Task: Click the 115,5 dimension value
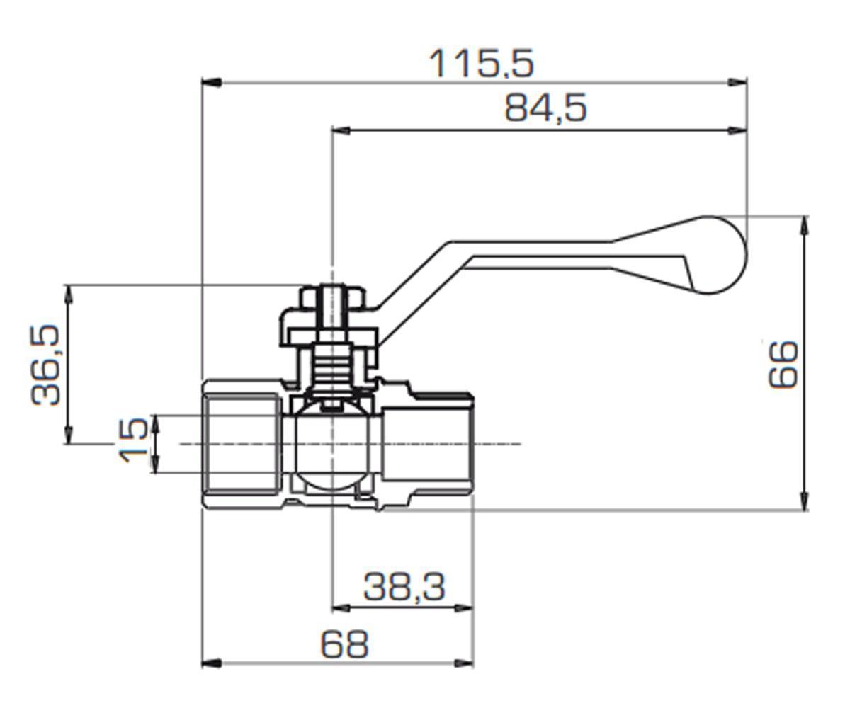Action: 481,64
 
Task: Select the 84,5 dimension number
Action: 545,108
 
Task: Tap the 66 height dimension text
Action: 783,365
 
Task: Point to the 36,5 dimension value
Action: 45,365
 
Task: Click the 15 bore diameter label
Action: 134,440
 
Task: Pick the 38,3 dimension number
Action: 404,587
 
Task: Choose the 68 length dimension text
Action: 344,644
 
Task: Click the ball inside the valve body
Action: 333,449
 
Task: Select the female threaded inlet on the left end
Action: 243,444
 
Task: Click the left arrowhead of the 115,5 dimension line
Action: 212,83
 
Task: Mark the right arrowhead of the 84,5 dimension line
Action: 737,130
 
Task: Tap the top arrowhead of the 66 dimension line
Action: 805,225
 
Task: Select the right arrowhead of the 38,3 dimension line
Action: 463,608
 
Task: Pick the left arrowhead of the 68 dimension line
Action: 212,663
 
